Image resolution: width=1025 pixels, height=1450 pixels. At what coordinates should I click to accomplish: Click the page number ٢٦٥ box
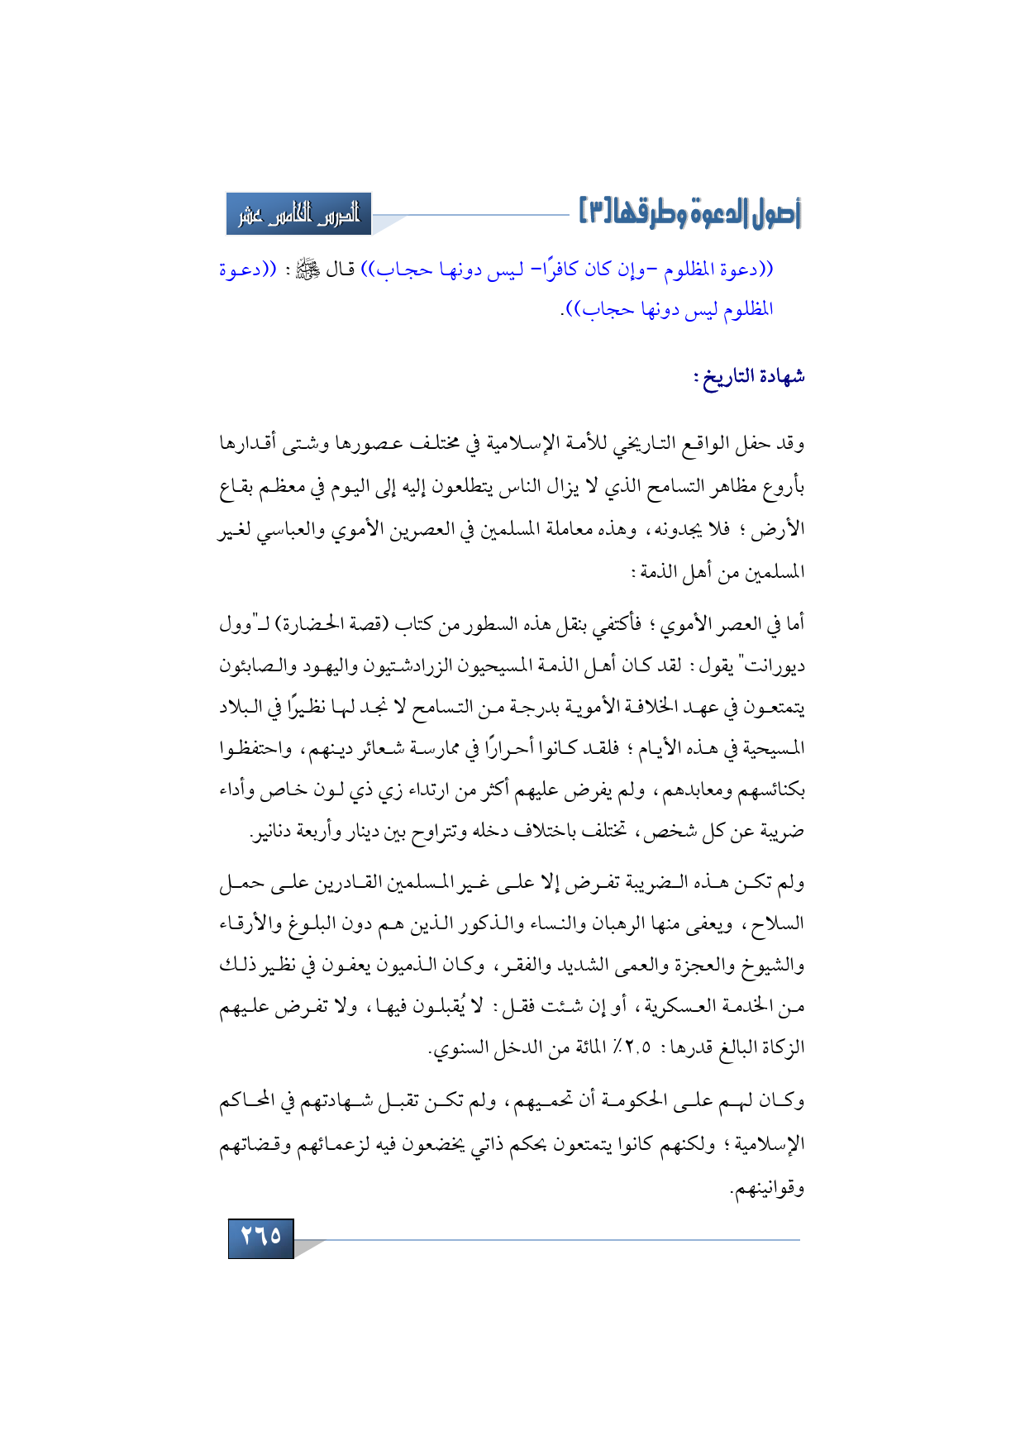click(260, 1237)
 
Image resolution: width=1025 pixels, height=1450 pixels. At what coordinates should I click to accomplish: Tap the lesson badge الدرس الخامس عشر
click(298, 214)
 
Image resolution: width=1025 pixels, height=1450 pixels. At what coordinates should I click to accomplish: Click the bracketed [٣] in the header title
click(594, 212)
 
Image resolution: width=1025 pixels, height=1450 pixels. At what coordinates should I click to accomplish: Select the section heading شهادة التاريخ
click(749, 378)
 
